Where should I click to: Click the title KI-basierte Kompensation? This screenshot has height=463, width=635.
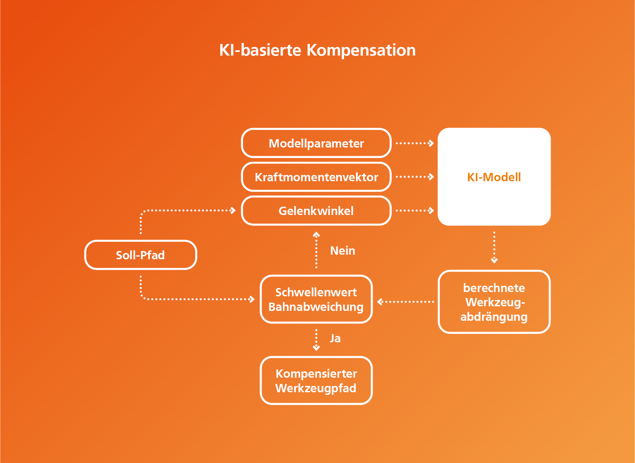(317, 51)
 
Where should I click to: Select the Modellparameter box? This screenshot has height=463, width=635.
(316, 143)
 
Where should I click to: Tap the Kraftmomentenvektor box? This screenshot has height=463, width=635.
(316, 177)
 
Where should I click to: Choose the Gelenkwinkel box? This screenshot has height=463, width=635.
(316, 211)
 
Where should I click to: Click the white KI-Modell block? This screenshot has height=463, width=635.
(494, 177)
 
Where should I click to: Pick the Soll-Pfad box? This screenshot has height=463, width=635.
(141, 255)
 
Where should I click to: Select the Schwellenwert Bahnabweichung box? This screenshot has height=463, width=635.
(316, 299)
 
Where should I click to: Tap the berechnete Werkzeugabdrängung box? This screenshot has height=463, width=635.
(494, 302)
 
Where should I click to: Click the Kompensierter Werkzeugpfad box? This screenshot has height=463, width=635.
(316, 381)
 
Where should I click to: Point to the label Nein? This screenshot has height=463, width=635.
(343, 251)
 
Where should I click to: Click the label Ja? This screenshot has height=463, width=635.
(335, 338)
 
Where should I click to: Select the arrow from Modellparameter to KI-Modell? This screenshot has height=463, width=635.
(415, 143)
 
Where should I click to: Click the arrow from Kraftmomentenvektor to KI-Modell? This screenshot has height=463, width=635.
(415, 177)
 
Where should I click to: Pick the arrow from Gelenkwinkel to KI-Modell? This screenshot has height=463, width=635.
(415, 211)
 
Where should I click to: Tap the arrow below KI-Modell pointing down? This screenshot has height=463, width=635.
(494, 247)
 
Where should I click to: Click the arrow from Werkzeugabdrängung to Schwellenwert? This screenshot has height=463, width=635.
(405, 302)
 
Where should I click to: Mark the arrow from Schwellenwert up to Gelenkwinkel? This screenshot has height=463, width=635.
(316, 250)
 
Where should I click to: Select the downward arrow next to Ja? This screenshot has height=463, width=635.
(316, 340)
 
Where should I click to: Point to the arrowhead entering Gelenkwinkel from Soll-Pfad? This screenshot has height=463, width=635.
(233, 210)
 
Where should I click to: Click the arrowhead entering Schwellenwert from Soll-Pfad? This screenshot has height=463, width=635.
(252, 299)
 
